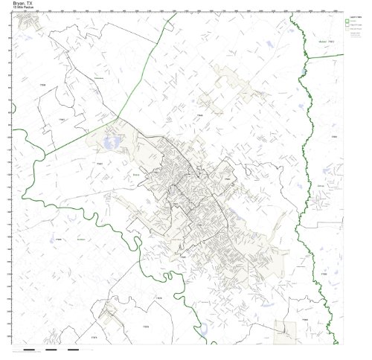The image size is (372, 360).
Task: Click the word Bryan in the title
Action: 18,3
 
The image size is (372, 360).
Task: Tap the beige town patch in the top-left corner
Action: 28,24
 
